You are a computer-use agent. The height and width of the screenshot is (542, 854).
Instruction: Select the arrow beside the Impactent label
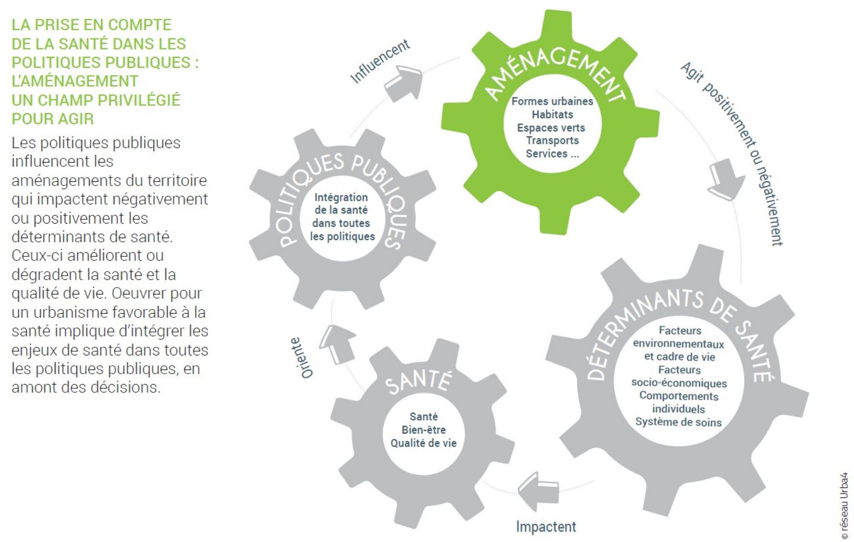point(539,491)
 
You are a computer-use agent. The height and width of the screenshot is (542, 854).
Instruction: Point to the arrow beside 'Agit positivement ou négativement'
point(726,179)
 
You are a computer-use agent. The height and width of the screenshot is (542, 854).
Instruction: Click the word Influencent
point(380,61)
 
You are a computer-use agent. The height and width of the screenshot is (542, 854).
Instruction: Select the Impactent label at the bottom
point(546,527)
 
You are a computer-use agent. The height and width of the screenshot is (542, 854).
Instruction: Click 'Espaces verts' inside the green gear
point(551,128)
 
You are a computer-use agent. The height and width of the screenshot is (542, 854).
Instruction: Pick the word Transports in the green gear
point(553,141)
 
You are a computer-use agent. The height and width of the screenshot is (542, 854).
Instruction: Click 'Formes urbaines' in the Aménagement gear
point(553,102)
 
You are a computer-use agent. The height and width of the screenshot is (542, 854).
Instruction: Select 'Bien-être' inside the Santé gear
point(423,430)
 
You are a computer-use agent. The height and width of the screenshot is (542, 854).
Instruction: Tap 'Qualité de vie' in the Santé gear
point(423,443)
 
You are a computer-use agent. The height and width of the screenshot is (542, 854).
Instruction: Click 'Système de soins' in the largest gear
point(679,422)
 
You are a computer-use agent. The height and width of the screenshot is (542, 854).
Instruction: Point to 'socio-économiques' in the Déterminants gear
point(679,383)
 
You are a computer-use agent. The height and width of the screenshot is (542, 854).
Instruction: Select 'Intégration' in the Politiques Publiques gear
point(341,198)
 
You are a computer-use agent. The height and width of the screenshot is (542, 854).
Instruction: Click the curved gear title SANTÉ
point(419,383)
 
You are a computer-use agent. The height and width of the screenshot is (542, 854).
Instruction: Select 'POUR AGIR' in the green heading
point(53,119)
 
